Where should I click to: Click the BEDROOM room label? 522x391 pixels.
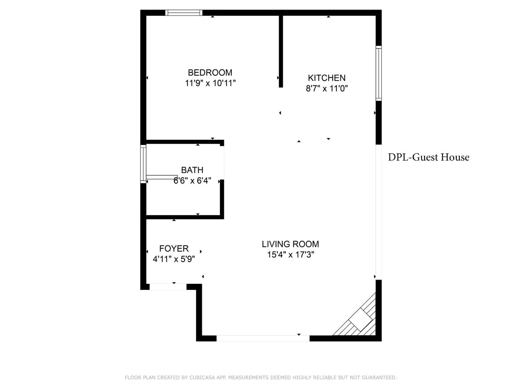210,72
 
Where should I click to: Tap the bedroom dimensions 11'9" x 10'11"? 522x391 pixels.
210,83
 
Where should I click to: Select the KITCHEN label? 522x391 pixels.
327,78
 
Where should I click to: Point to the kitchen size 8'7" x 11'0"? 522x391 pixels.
327,89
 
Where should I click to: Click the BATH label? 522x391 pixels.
192,170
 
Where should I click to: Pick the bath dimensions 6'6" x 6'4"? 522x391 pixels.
192,181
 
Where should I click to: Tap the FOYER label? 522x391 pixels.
174,249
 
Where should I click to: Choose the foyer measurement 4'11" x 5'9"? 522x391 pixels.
174,259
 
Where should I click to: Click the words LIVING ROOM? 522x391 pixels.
290,244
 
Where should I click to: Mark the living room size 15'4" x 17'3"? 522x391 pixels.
290,255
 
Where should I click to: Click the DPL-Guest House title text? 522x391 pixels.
428,157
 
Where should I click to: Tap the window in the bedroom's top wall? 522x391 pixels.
183,13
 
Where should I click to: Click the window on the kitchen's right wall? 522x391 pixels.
378,73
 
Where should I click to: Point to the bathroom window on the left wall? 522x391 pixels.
143,164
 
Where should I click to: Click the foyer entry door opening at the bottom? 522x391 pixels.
168,287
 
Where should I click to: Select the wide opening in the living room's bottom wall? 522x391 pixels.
263,338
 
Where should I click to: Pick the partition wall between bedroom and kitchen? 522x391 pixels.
281,51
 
